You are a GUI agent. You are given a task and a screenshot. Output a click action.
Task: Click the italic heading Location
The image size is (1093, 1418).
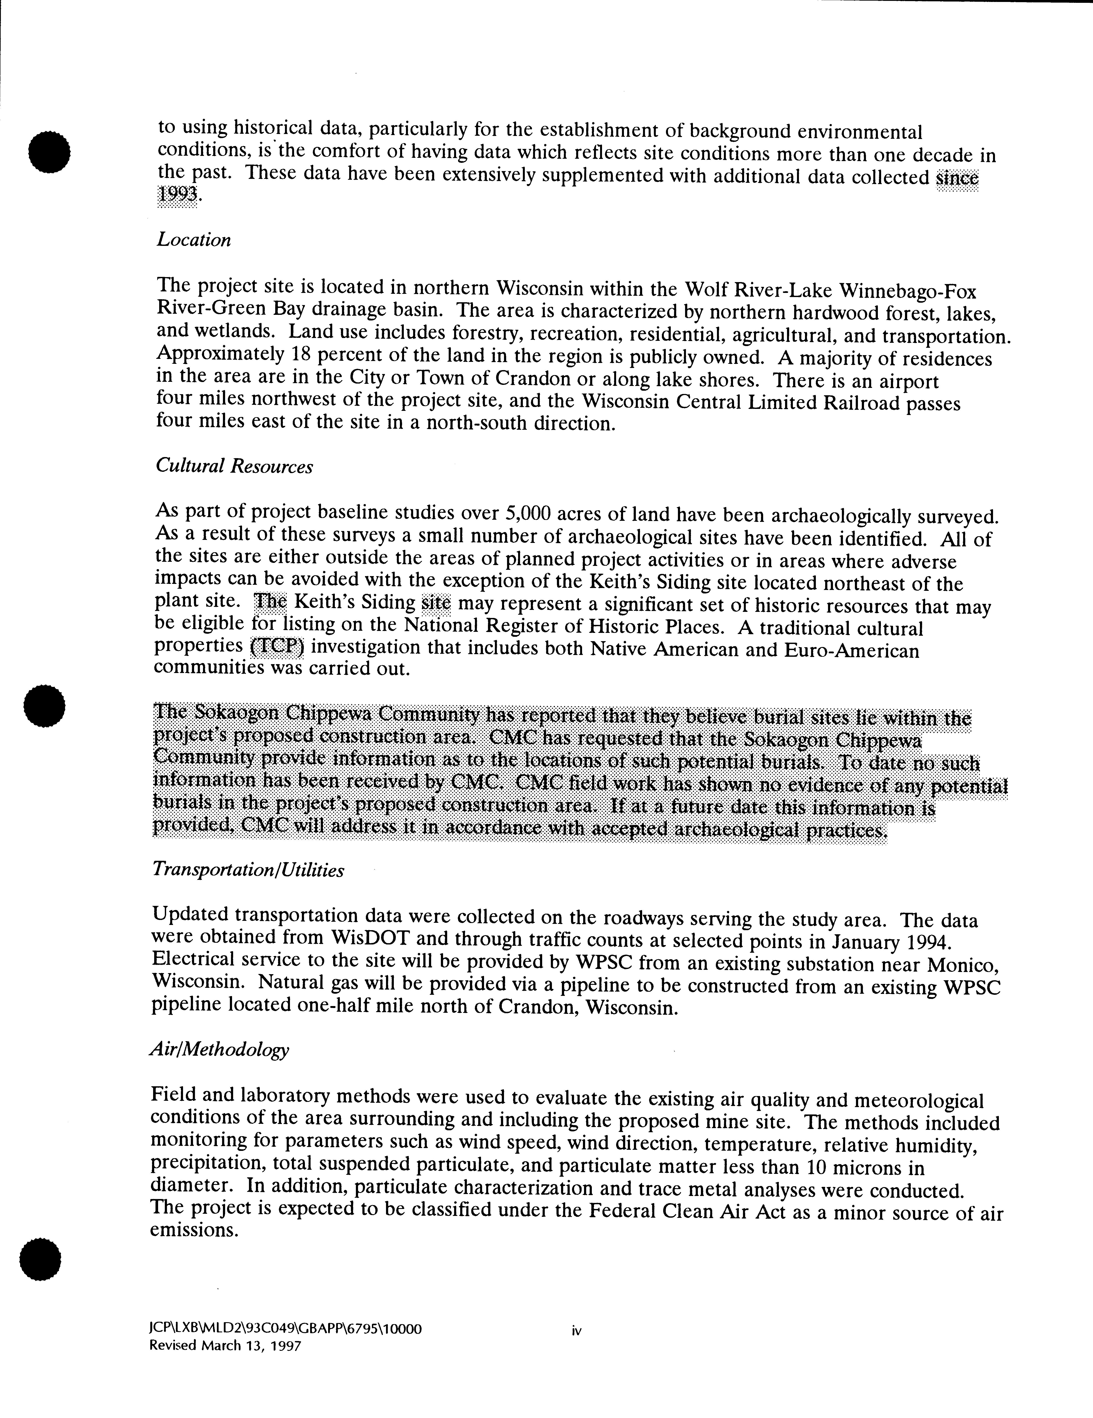193,240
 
